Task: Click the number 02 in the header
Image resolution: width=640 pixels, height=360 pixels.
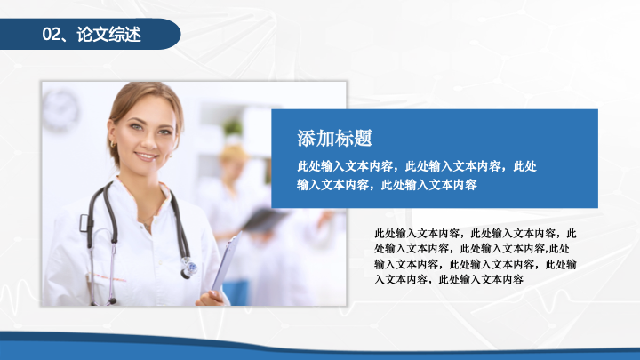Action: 52,35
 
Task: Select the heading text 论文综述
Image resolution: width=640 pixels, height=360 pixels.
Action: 109,35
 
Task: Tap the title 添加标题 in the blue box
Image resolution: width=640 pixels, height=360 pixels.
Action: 334,138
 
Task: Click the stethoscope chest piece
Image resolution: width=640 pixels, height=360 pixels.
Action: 189,268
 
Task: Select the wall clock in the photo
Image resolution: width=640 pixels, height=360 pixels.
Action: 60,111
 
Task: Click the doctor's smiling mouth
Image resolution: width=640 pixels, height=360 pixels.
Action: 146,156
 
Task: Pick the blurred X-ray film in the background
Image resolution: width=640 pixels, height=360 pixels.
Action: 265,220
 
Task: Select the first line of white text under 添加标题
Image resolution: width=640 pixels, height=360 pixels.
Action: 417,166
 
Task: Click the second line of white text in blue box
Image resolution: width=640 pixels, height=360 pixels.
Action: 387,185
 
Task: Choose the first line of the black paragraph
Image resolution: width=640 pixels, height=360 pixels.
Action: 476,234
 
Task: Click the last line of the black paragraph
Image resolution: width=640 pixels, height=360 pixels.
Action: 449,280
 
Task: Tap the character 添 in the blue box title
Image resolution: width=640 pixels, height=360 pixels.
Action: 306,138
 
